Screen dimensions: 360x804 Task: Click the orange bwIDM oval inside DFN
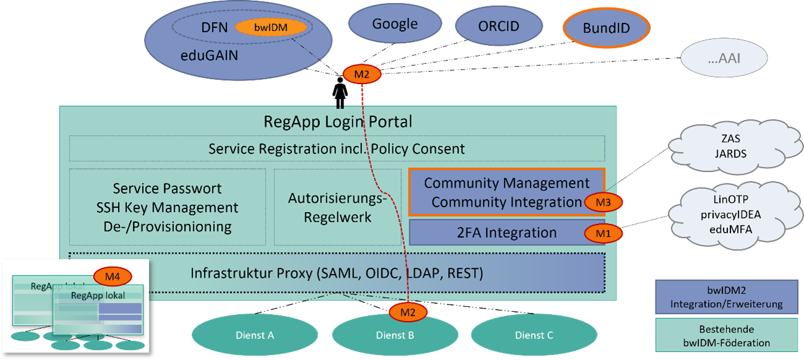(x=271, y=27)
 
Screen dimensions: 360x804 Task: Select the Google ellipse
(x=394, y=25)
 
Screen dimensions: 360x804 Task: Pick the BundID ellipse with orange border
(x=607, y=28)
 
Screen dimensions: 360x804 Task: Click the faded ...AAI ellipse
(x=724, y=60)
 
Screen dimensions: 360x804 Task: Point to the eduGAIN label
(x=209, y=56)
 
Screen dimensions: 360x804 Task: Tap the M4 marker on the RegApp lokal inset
(x=112, y=276)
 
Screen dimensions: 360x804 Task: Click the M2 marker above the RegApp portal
(x=361, y=75)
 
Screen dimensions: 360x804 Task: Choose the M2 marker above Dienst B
(x=407, y=312)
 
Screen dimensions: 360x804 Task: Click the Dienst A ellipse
(x=256, y=335)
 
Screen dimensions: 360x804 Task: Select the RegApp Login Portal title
(x=338, y=121)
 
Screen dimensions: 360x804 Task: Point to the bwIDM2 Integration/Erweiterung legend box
(x=726, y=297)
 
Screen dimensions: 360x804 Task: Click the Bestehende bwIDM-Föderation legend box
(x=726, y=336)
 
